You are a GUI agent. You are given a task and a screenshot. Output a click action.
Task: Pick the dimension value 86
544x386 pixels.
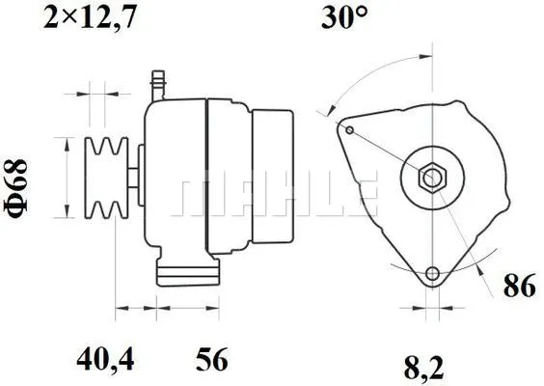point(518,287)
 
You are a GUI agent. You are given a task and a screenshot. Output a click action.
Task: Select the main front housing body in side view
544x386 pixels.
point(174,179)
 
